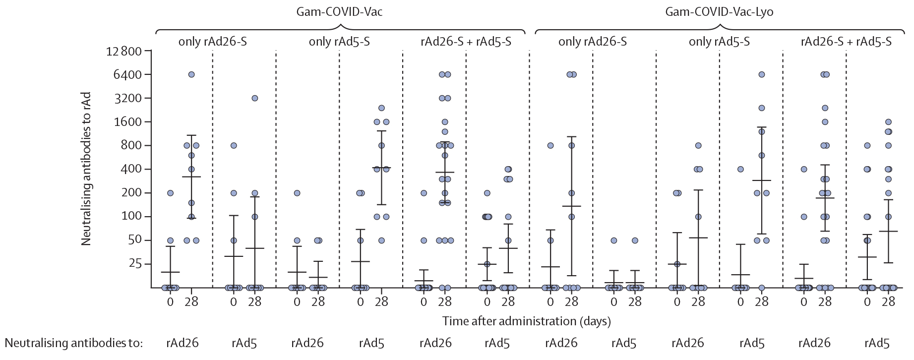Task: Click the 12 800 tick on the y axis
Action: point(124,51)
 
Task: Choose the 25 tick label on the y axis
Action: point(135,264)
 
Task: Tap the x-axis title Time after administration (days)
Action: point(526,321)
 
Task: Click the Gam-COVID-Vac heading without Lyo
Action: point(340,11)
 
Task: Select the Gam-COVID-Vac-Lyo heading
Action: point(719,11)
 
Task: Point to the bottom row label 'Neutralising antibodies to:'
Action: point(73,343)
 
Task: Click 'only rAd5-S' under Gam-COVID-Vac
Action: point(339,42)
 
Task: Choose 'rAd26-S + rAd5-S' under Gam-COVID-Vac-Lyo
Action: point(846,42)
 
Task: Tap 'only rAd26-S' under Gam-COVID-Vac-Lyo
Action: point(592,42)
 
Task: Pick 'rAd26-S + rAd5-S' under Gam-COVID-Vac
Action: point(466,42)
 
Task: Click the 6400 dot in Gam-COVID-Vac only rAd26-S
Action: point(191,74)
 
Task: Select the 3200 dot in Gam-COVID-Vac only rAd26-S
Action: point(254,98)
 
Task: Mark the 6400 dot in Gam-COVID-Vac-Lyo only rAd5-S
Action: point(761,74)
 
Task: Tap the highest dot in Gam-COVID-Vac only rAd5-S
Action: point(381,108)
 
